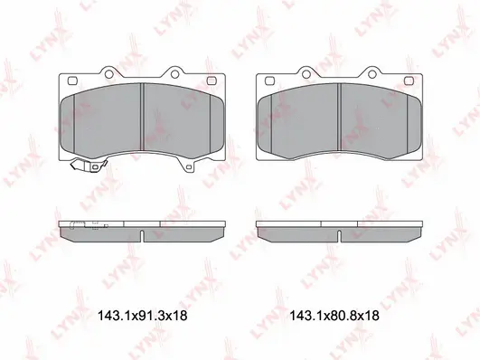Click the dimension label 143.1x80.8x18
point(333,317)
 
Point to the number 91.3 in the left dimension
point(149,317)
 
